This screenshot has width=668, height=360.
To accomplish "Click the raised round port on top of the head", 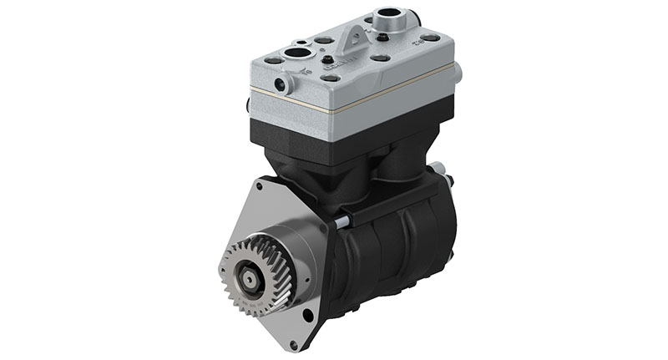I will coord(388,15).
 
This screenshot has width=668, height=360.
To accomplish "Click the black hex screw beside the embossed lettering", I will coord(328,59).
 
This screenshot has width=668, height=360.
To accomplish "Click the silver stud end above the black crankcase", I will coord(343,222).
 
